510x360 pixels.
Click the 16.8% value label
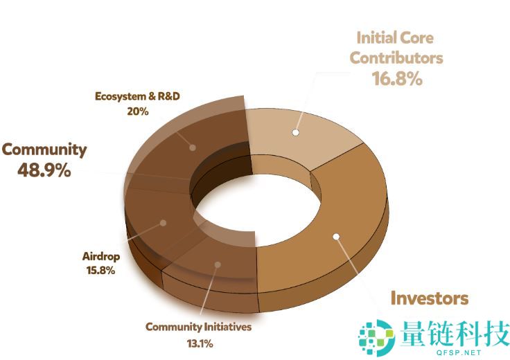[396, 78]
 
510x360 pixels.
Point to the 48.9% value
[45, 170]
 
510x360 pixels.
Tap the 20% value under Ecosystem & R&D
[137, 111]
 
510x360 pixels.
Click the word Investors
[429, 298]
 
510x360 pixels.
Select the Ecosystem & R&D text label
[137, 96]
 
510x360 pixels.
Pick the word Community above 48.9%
[44, 149]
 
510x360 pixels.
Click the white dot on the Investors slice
[336, 237]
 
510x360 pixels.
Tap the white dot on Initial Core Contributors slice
[295, 132]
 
